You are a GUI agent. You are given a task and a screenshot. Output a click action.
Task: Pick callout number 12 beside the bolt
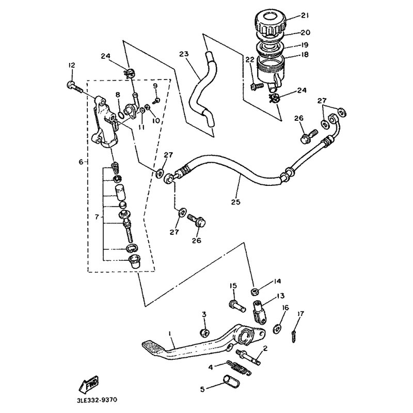(71, 66)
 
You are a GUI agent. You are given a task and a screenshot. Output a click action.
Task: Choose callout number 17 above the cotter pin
(300, 313)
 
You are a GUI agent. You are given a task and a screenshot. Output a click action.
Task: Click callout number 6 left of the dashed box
(81, 162)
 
